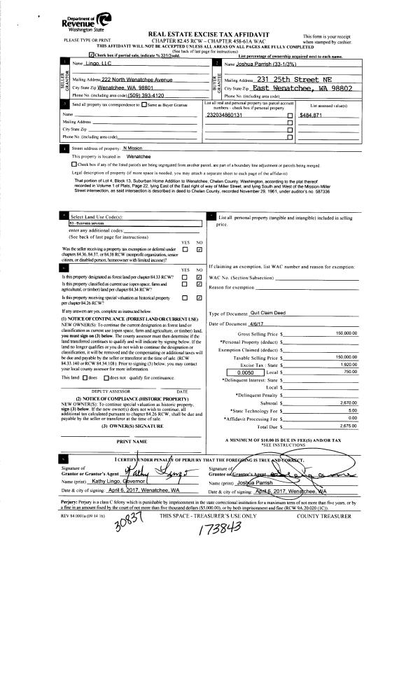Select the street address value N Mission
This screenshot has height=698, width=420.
(x=132, y=148)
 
